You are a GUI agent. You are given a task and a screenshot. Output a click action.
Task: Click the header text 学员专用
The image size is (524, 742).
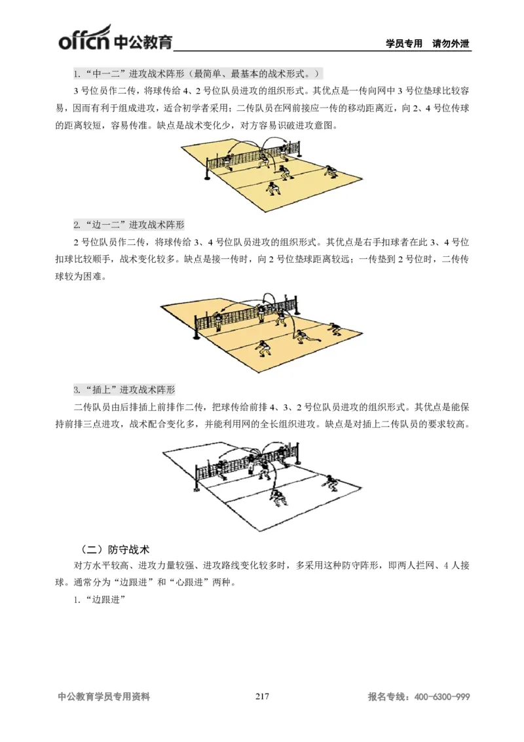pyautogui.click(x=404, y=44)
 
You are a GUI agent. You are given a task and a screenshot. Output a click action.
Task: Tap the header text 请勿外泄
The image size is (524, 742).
pyautogui.click(x=451, y=44)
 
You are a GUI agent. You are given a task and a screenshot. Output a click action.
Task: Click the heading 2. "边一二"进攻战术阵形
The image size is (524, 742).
pyautogui.click(x=130, y=224)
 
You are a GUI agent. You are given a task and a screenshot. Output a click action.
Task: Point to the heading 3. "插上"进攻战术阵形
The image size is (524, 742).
pyautogui.click(x=124, y=389)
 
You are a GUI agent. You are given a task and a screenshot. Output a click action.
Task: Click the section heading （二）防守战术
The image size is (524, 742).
pyautogui.click(x=115, y=547)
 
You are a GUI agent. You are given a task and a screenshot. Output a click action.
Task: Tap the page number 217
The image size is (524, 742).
pyautogui.click(x=262, y=696)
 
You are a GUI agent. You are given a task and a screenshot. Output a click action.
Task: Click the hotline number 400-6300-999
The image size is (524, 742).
pyautogui.click(x=443, y=697)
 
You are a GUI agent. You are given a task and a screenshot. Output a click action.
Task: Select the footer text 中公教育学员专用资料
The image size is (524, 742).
pyautogui.click(x=104, y=697)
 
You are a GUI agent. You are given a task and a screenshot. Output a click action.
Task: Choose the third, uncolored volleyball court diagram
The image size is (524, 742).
pyautogui.click(x=262, y=488)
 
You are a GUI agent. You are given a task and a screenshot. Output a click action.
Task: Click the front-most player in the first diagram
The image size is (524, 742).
pyautogui.click(x=271, y=188)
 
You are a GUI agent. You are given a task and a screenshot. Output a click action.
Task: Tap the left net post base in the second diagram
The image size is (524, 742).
pyautogui.click(x=195, y=338)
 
